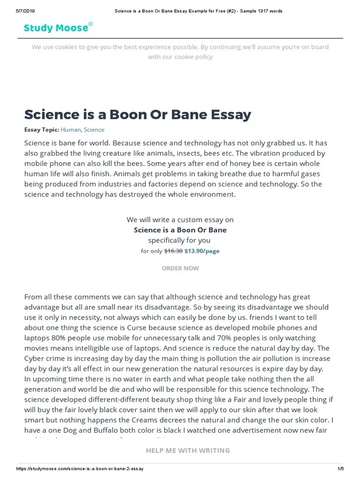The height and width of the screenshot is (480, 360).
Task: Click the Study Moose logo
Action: [x=56, y=28]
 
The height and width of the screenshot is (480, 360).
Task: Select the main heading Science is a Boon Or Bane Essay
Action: [x=137, y=114]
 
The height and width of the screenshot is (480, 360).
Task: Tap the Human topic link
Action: [x=71, y=130]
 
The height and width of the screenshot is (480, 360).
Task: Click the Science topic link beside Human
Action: [x=94, y=130]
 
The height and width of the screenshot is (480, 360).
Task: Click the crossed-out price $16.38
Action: [x=173, y=251]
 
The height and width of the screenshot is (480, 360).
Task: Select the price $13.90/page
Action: [x=202, y=251]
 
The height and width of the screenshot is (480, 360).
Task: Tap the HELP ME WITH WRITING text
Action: [x=187, y=450]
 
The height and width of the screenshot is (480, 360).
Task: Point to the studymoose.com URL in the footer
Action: [x=80, y=469]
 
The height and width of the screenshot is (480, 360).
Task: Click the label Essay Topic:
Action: [x=42, y=130]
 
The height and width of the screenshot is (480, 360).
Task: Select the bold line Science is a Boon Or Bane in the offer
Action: [x=180, y=230]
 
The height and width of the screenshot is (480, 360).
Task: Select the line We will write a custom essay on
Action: [x=180, y=219]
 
